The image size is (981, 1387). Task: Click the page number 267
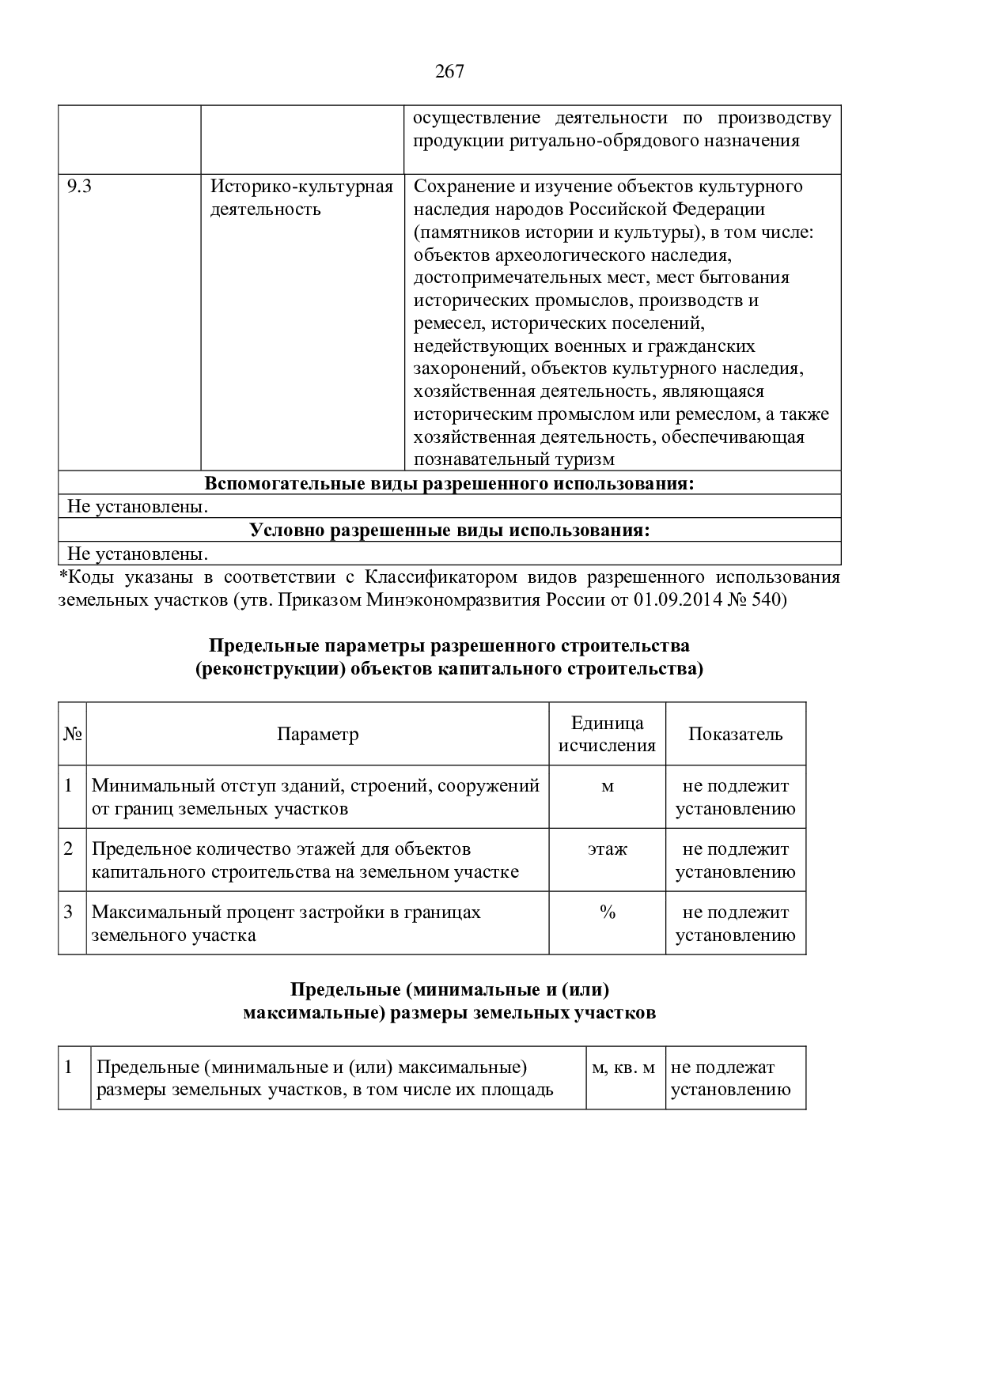click(449, 72)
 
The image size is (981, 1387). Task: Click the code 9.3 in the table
click(79, 187)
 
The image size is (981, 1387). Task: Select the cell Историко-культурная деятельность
click(301, 198)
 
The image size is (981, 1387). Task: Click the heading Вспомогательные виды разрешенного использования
click(449, 484)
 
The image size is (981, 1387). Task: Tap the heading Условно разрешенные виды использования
click(449, 531)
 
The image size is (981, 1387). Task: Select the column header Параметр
click(317, 735)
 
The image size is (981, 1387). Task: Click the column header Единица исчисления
click(607, 735)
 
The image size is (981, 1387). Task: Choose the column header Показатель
click(735, 735)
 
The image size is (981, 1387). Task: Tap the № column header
click(72, 735)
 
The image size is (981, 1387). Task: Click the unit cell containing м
click(607, 787)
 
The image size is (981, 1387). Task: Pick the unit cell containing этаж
click(607, 850)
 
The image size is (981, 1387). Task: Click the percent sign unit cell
click(607, 913)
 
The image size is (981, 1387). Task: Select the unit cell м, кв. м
click(624, 1068)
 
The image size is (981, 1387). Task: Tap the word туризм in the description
click(585, 460)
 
